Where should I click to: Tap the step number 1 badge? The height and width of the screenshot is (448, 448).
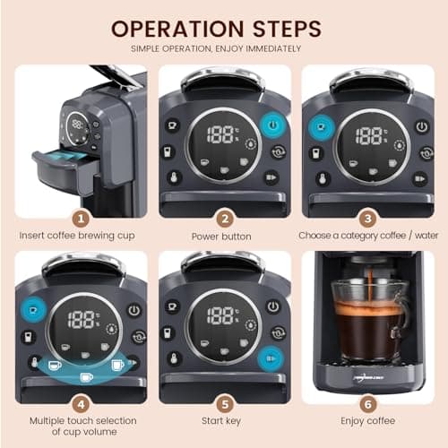[x=82, y=216]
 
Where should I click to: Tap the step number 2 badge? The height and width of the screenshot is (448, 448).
[x=225, y=216]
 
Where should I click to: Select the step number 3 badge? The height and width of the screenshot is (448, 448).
[x=366, y=216]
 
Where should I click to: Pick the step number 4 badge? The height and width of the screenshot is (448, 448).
[x=82, y=402]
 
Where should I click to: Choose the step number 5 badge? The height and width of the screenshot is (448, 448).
[x=225, y=402]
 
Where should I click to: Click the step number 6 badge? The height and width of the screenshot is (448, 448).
[x=366, y=402]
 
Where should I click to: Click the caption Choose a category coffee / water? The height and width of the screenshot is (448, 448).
[x=366, y=237]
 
